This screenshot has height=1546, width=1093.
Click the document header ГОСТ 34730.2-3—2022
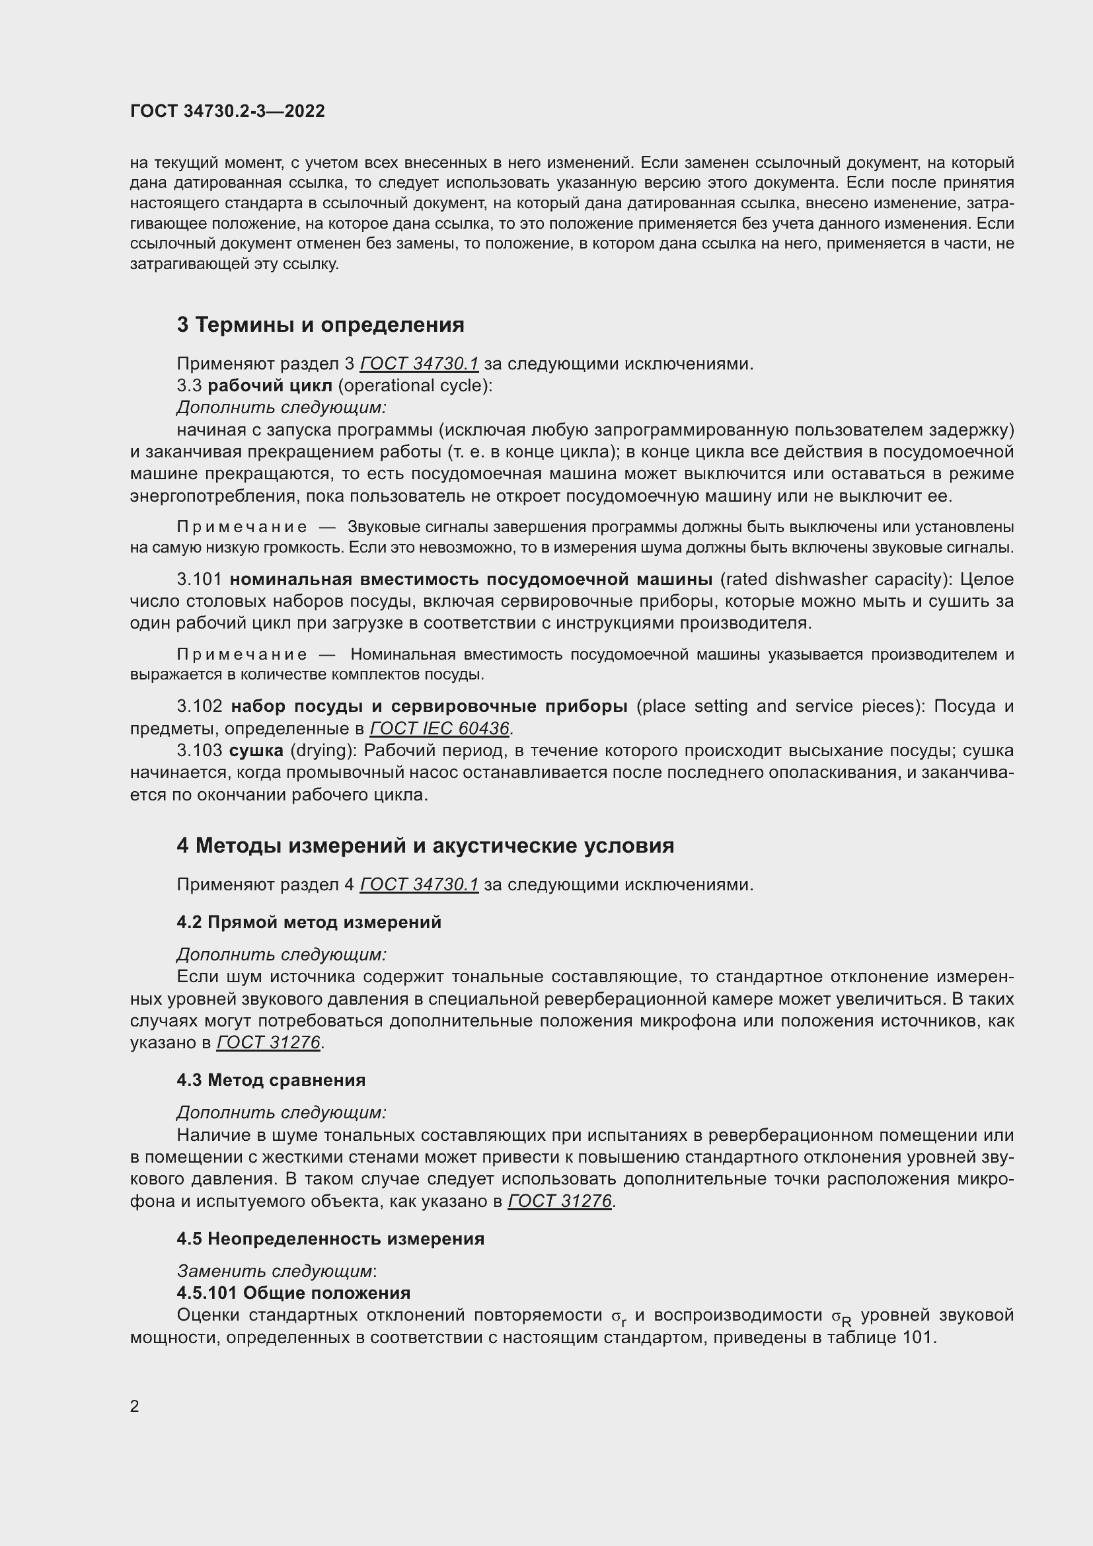pyautogui.click(x=227, y=111)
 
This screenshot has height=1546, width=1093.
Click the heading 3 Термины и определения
pyautogui.click(x=320, y=325)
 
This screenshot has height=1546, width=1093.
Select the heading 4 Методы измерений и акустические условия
pyautogui.click(x=426, y=846)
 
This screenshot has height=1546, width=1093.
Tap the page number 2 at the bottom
pyautogui.click(x=135, y=1406)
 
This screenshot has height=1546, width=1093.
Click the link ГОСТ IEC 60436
pyautogui.click(x=439, y=728)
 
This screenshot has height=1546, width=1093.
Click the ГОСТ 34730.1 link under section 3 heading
pyautogui.click(x=420, y=364)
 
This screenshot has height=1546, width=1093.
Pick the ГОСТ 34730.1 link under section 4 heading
pyautogui.click(x=420, y=885)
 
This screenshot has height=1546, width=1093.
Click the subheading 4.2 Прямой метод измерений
pyautogui.click(x=309, y=923)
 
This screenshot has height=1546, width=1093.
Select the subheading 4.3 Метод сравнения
pyautogui.click(x=271, y=1080)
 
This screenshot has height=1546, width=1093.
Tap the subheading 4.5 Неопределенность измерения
pyautogui.click(x=330, y=1239)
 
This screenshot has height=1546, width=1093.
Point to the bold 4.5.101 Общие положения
pyautogui.click(x=293, y=1293)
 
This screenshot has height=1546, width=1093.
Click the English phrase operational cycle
pyautogui.click(x=415, y=386)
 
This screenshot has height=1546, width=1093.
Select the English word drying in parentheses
pyautogui.click(x=320, y=751)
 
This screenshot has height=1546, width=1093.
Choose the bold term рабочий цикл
pyautogui.click(x=270, y=386)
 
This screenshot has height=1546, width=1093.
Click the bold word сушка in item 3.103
pyautogui.click(x=256, y=751)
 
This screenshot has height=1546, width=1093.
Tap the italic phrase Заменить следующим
pyautogui.click(x=275, y=1271)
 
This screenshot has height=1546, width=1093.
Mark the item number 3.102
pyautogui.click(x=199, y=707)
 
